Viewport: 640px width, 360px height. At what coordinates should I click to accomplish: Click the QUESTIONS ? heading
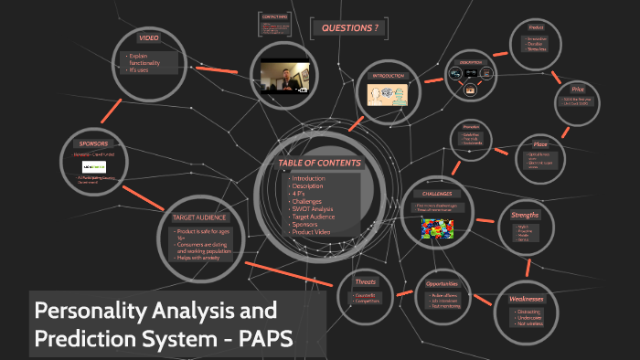(349, 28)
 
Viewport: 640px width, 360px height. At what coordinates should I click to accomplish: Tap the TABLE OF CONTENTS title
(319, 164)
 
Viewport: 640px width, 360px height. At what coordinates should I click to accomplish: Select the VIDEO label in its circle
(149, 38)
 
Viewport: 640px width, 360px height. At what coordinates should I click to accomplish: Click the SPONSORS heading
(94, 144)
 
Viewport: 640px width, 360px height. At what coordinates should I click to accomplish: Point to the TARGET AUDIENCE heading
(198, 217)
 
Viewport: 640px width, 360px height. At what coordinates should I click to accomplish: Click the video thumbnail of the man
(283, 76)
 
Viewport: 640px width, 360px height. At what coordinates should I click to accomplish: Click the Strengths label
(524, 216)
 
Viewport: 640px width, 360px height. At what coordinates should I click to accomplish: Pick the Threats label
(366, 281)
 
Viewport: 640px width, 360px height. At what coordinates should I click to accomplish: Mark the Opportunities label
(442, 283)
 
